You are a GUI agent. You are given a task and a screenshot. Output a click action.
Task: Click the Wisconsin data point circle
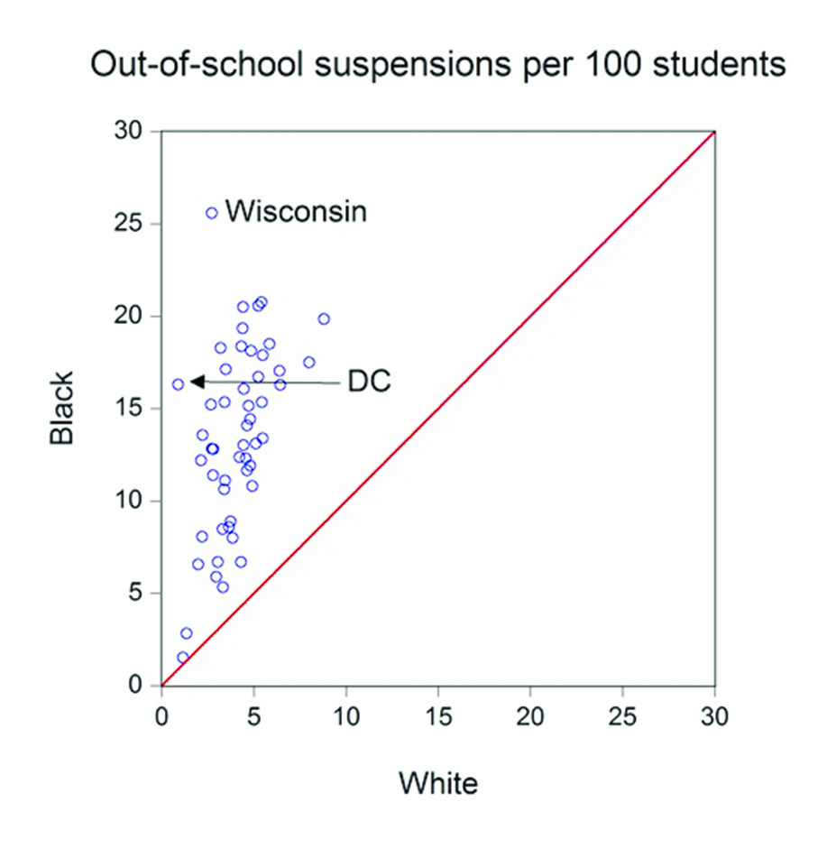pyautogui.click(x=212, y=213)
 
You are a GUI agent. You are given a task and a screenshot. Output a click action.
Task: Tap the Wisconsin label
pyautogui.click(x=296, y=212)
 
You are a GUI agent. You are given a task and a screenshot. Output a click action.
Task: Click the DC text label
pyautogui.click(x=370, y=382)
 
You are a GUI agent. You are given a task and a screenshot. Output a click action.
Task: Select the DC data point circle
pyautogui.click(x=178, y=384)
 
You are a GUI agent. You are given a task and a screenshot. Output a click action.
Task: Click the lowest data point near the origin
pyautogui.click(x=183, y=658)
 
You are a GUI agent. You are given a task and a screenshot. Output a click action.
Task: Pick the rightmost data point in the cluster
pyautogui.click(x=324, y=318)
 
